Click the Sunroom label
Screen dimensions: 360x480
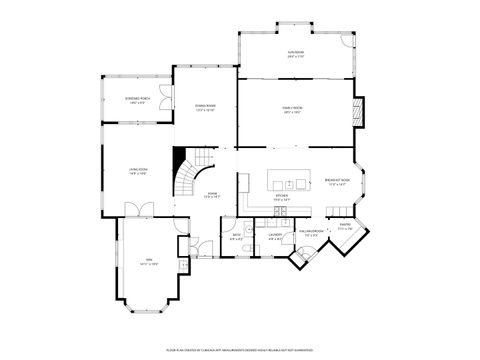pos(295,54)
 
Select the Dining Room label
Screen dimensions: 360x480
pos(206,107)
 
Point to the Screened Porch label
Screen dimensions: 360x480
pos(137,100)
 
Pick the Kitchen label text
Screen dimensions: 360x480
pos(282,198)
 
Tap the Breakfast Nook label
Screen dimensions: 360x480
pos(335,182)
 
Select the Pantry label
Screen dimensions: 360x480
pos(344,230)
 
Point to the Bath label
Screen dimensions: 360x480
pos(236,238)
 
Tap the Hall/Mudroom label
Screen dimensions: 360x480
pos(312,233)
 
